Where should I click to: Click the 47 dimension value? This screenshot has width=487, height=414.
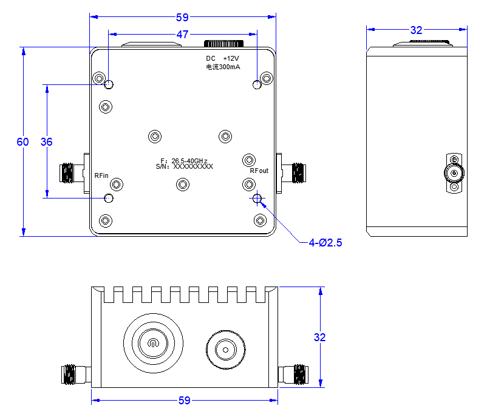[182, 34]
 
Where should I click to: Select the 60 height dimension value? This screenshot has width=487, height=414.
[22, 142]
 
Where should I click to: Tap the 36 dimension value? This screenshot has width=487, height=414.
[47, 142]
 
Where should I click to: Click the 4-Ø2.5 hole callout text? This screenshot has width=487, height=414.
[325, 243]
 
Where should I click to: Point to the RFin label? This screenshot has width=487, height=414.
[101, 175]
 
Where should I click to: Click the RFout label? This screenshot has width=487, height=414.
[259, 171]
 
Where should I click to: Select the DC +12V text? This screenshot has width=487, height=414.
[222, 58]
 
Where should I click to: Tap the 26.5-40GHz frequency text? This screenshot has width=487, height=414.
[189, 161]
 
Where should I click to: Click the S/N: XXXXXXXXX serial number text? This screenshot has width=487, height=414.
[185, 166]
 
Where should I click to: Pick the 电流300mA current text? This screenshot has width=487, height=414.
[223, 67]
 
